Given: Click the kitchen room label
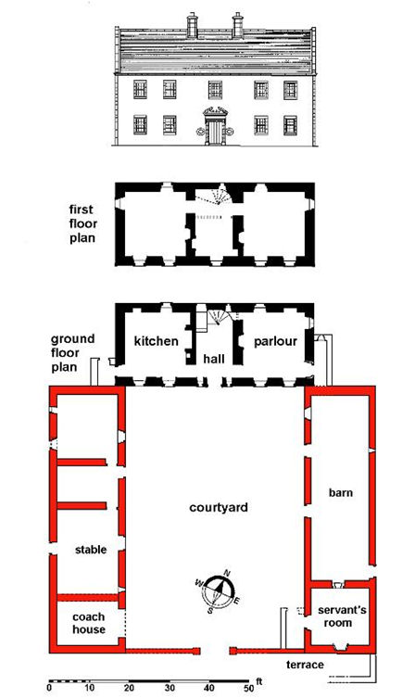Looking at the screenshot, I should click(155, 341).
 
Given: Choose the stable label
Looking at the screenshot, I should click(91, 550).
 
